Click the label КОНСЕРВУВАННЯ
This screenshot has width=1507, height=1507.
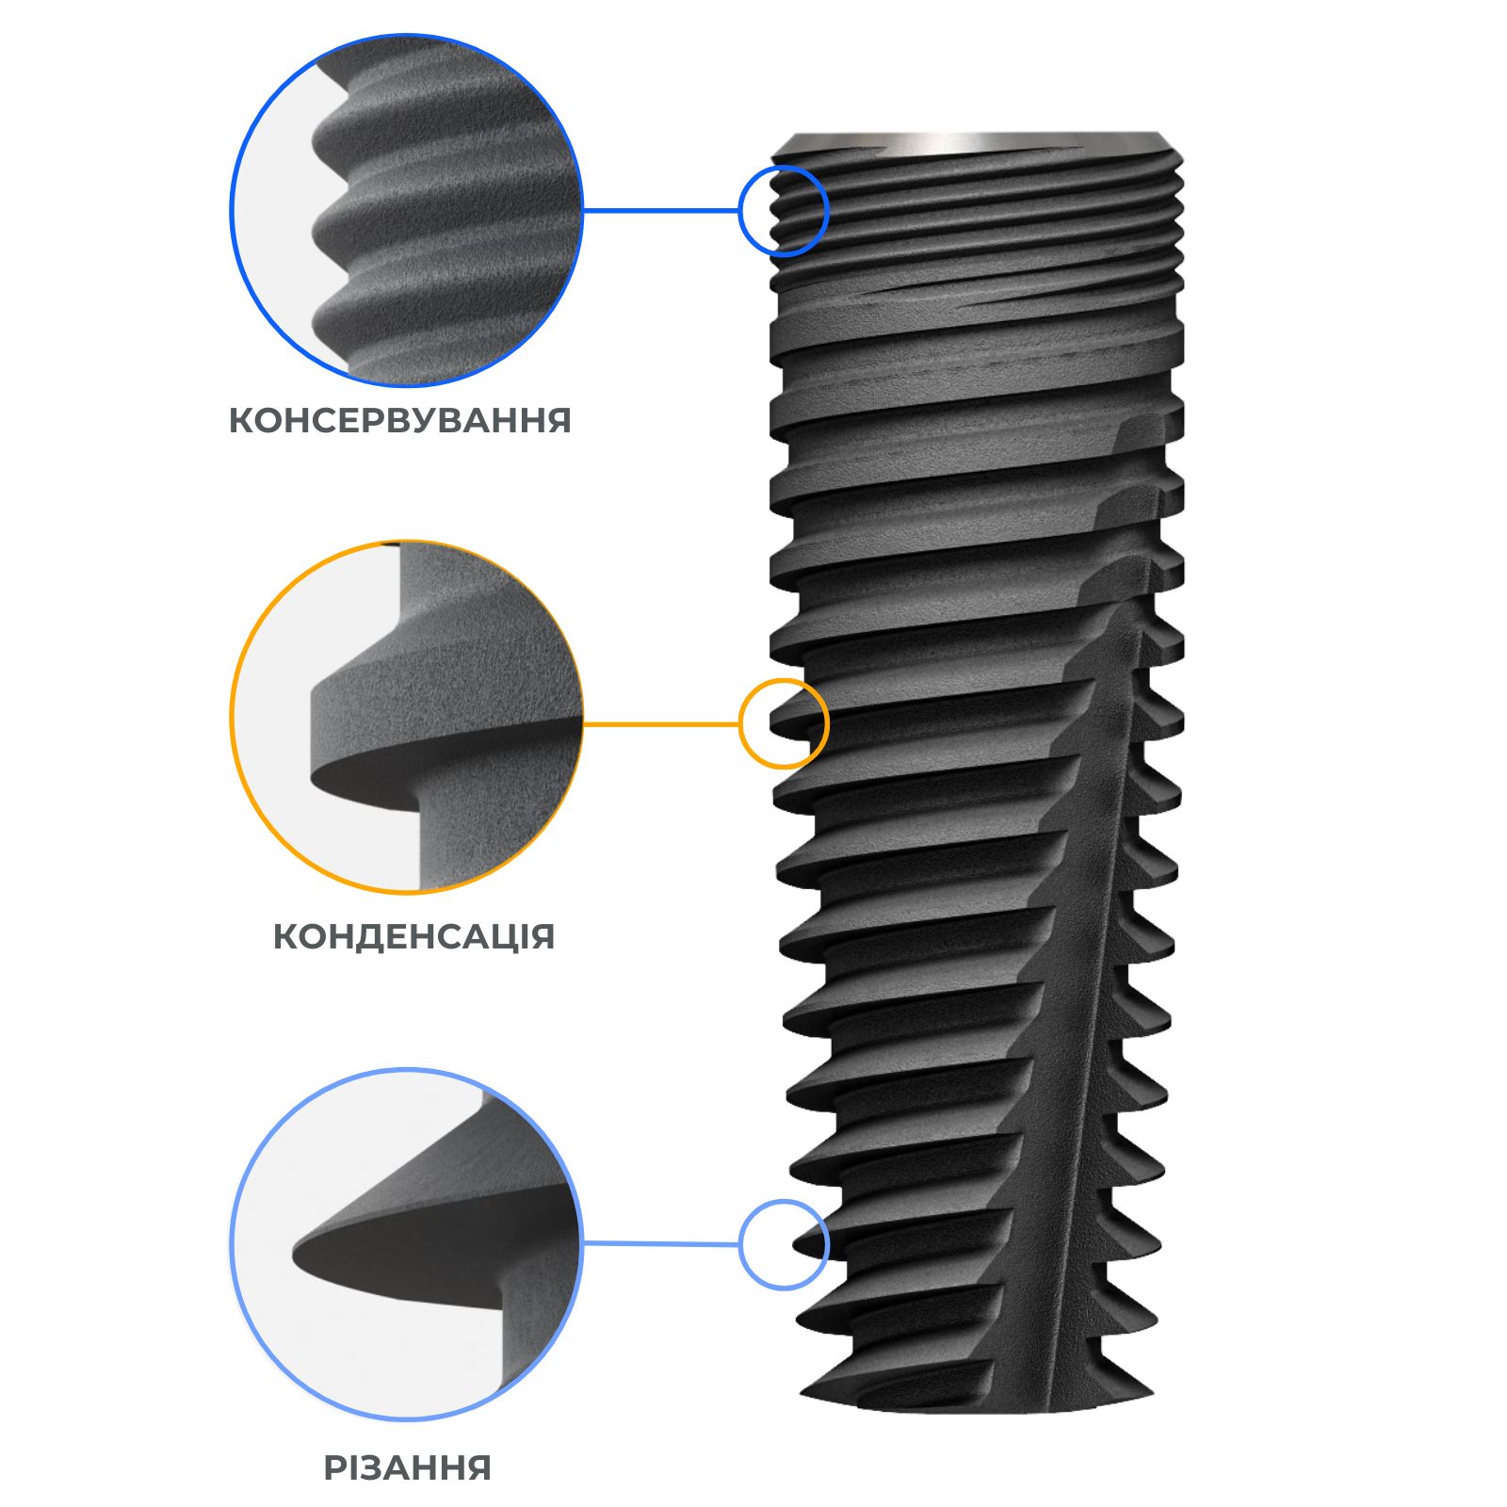point(400,420)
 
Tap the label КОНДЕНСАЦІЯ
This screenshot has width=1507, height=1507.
point(414,936)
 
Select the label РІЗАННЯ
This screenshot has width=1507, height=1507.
point(408,1467)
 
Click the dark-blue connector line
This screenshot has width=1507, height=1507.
point(661,210)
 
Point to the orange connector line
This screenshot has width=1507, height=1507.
point(661,723)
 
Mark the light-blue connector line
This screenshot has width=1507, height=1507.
point(661,1244)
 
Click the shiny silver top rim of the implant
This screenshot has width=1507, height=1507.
point(976,142)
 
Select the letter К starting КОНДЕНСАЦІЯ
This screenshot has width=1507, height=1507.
point(286,936)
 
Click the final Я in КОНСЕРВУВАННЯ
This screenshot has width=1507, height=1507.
point(559,420)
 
